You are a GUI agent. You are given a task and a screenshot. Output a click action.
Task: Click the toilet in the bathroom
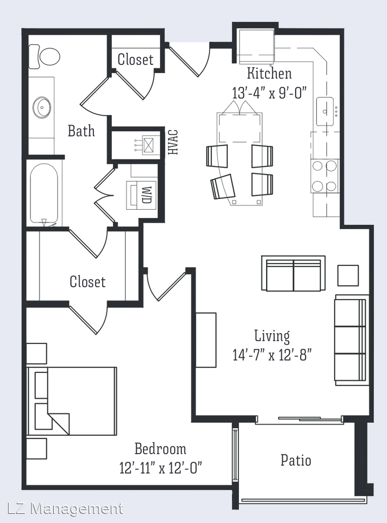pos(44,57)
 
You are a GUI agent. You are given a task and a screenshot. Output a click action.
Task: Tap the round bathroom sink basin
pos(42,108)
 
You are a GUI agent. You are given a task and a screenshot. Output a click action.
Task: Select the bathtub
pos(44,194)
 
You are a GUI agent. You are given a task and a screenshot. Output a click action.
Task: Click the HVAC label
pos(173,142)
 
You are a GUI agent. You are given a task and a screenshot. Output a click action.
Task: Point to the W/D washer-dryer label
pos(147,195)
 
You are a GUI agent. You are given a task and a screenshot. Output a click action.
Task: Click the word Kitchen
pos(269,74)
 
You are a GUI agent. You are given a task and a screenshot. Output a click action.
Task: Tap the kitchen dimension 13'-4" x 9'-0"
pos(269,92)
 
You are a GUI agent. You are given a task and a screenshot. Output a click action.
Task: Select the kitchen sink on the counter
pos(325,111)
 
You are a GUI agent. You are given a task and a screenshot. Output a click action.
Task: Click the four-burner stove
pos(325,176)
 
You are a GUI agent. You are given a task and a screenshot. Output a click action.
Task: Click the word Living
pos(272,336)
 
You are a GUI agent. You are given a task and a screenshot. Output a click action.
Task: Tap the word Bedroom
pos(160,448)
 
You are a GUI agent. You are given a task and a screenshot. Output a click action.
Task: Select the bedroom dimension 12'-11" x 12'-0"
pos(161,468)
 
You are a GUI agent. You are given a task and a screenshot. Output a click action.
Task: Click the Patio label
pos(296,461)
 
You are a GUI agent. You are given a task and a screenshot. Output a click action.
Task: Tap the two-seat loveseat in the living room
pos(293,273)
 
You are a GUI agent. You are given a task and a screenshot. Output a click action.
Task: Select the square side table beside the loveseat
pos(348,276)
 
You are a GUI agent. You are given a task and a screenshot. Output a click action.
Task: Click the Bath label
pos(81,131)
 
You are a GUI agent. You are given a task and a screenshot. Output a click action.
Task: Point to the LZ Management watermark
pos(65,509)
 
